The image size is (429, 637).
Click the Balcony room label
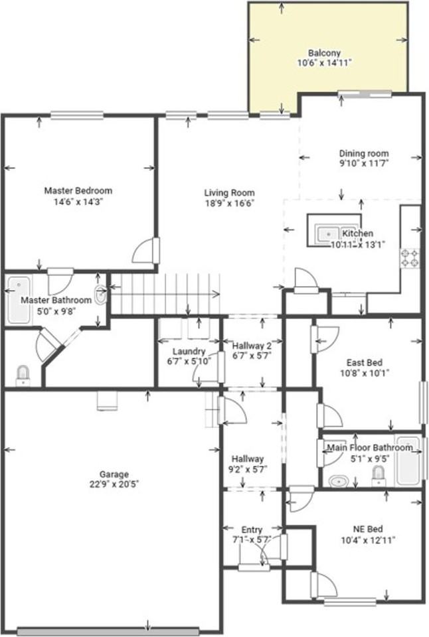(324, 53)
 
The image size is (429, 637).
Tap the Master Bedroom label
(78, 190)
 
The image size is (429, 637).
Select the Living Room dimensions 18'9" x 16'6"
(230, 203)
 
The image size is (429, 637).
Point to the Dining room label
(363, 153)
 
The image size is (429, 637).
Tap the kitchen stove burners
(410, 257)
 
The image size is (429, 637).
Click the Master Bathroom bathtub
(19, 301)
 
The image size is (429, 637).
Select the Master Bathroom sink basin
(100, 295)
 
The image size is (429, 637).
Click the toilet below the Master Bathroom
(23, 376)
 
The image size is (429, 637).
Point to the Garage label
(114, 474)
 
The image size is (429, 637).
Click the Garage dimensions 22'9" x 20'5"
(114, 484)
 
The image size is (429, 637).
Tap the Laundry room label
(189, 352)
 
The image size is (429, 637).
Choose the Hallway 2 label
(252, 346)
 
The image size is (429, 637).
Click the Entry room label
(252, 530)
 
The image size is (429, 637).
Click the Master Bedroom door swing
(145, 251)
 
